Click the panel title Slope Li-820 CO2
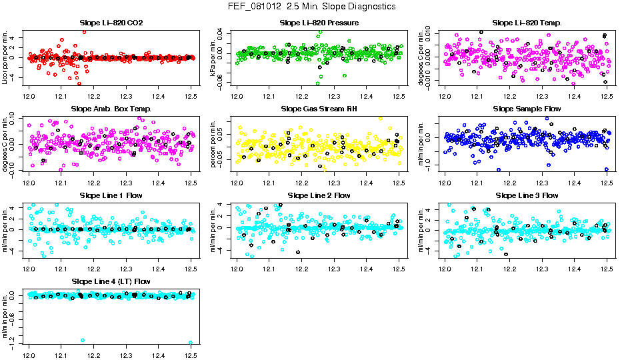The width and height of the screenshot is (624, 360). click(x=111, y=23)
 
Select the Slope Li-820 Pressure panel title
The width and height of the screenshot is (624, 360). click(x=318, y=23)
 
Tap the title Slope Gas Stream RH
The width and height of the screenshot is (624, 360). click(x=318, y=109)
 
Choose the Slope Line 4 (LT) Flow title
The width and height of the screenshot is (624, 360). click(x=111, y=281)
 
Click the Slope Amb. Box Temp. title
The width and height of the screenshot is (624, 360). click(x=111, y=109)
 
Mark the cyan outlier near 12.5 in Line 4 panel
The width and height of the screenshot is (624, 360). click(x=191, y=343)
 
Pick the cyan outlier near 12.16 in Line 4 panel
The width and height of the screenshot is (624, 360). click(x=82, y=341)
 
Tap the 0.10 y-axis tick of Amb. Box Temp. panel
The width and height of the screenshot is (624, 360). click(x=14, y=119)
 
